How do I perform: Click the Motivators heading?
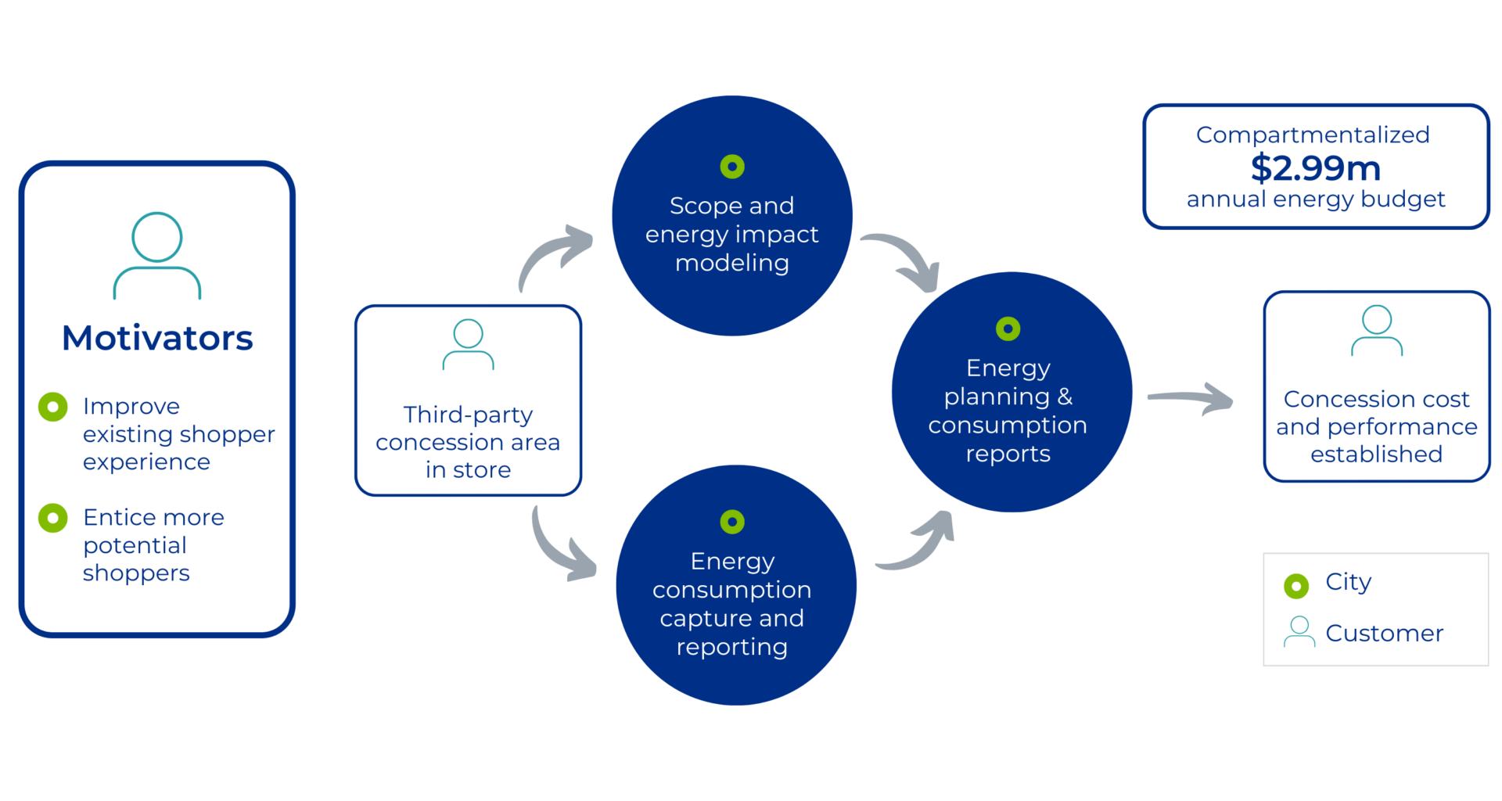pos(157,339)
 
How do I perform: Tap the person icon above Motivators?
pos(157,255)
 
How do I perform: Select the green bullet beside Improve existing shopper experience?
pos(53,407)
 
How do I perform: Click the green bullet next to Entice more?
pos(53,518)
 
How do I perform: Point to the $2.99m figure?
pos(1315,167)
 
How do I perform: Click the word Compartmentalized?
pos(1313,135)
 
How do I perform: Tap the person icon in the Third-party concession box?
pos(468,344)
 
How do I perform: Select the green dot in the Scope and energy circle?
pos(732,167)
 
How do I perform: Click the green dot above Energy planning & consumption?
pos(1008,329)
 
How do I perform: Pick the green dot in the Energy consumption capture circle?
pos(732,522)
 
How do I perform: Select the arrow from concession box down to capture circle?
pos(560,548)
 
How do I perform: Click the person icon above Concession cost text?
pos(1377,331)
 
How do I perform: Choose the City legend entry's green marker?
pos(1296,585)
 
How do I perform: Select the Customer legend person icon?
pos(1299,632)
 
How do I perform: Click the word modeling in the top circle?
pos(732,263)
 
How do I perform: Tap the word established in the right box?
pos(1376,454)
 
